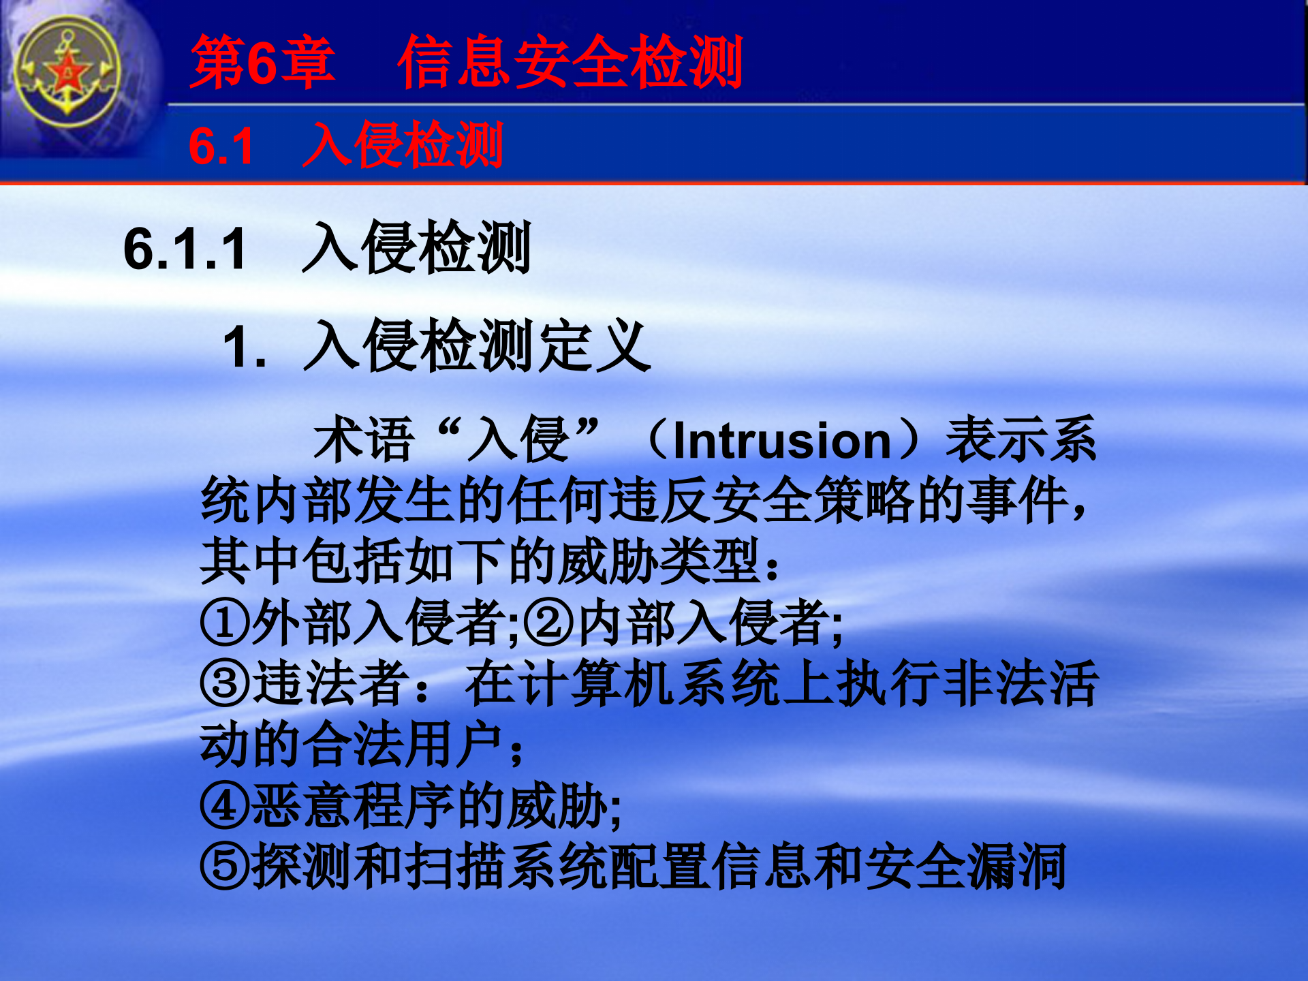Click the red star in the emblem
click(x=67, y=72)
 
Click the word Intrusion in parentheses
click(x=782, y=441)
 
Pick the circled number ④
click(x=225, y=806)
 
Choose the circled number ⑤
click(x=225, y=867)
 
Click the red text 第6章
click(x=263, y=63)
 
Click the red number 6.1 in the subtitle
click(x=221, y=146)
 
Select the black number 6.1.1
click(x=185, y=249)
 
